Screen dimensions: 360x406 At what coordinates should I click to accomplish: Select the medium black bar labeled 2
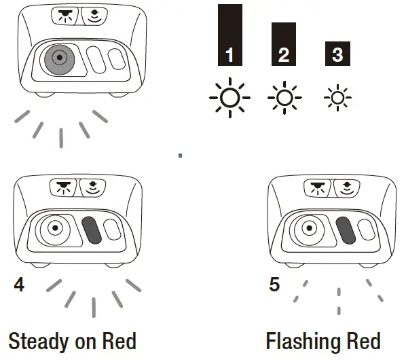point(284,43)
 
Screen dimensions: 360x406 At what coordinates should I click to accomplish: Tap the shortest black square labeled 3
point(337,54)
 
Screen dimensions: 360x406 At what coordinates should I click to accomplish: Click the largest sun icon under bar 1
point(230,98)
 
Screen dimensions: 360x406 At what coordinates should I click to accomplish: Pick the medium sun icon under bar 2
point(284,98)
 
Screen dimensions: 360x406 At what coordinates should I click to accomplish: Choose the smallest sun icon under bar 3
point(337,98)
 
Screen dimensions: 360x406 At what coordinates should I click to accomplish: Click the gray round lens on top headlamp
point(60,59)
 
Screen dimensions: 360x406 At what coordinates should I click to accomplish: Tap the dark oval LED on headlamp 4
point(92,229)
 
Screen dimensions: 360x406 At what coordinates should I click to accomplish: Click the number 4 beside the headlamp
point(19,284)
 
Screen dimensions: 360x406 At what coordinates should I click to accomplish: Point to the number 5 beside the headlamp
point(274,284)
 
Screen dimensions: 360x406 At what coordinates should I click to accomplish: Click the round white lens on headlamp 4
point(54,229)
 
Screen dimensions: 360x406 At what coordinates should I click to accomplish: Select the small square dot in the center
point(180,155)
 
